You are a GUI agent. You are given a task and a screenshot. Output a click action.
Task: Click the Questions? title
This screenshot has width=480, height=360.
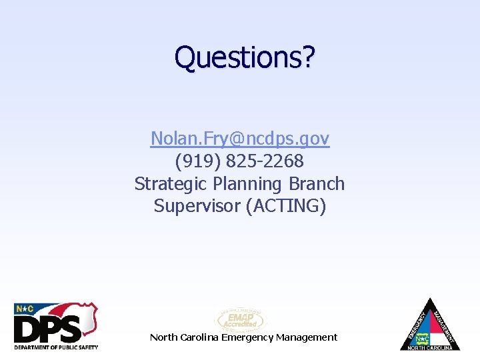(x=243, y=57)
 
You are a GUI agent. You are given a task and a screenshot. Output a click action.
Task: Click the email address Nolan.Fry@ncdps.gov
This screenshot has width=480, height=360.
(x=240, y=139)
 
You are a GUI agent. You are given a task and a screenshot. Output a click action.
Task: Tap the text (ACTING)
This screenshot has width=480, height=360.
(x=286, y=206)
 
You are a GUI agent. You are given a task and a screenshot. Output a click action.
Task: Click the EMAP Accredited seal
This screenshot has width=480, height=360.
(x=239, y=320)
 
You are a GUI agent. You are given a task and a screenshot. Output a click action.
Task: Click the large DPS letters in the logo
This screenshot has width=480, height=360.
(x=48, y=329)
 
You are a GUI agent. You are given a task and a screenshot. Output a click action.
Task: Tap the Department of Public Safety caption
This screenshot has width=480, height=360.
(x=56, y=347)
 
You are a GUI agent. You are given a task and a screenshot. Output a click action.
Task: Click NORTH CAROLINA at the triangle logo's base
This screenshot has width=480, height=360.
(x=430, y=347)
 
